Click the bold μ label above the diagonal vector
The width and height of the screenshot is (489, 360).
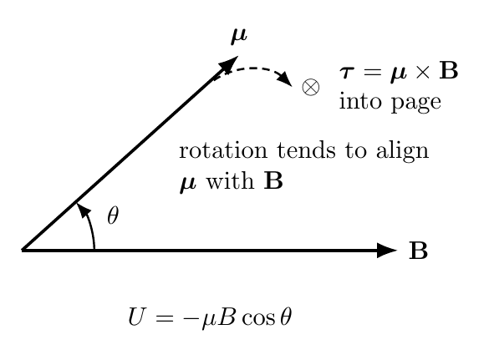tap(239, 36)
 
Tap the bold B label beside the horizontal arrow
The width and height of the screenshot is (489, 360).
tap(418, 251)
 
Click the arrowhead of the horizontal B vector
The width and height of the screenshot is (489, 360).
tap(387, 251)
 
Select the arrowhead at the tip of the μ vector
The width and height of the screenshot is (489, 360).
tap(229, 64)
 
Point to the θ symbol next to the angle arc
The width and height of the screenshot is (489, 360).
tap(113, 215)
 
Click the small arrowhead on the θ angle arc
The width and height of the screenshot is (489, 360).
tap(84, 210)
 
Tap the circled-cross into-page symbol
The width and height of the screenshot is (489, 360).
tap(311, 87)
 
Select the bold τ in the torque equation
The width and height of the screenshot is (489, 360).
tap(347, 73)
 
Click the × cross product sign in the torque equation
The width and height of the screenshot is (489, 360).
tap(423, 72)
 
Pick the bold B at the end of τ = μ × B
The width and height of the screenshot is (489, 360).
tap(448, 70)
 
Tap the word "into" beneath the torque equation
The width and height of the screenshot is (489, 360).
tap(360, 100)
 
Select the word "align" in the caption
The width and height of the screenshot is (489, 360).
tap(402, 151)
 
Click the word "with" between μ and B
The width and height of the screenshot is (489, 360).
tap(230, 180)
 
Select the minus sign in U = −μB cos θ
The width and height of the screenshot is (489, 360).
tap(190, 318)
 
